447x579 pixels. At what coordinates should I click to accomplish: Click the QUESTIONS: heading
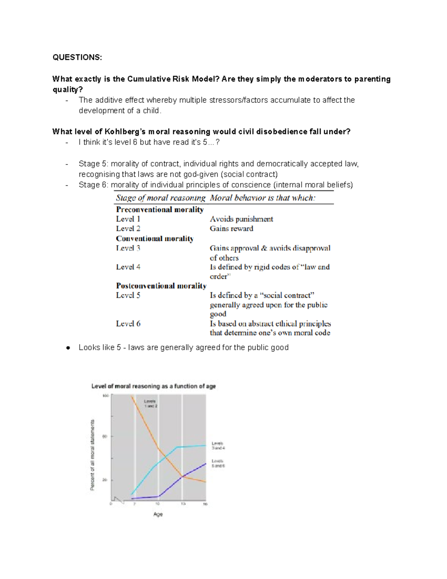(77, 57)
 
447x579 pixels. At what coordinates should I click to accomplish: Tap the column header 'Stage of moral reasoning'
(161, 198)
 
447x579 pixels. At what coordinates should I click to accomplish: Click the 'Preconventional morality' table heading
(160, 210)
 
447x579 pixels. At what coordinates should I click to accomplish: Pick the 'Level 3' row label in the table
(128, 248)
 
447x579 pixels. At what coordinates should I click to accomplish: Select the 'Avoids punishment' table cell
(241, 219)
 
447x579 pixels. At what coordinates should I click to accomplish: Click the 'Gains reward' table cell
(231, 229)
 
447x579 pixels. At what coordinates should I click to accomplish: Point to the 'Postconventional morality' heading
(161, 286)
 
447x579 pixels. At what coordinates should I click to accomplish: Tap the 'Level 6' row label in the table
(128, 324)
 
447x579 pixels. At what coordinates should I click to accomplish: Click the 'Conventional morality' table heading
(155, 239)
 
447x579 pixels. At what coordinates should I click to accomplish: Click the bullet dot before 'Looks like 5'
(68, 348)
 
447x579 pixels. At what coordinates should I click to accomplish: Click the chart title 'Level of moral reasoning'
(153, 386)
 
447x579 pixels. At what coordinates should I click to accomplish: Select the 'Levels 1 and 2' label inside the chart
(150, 403)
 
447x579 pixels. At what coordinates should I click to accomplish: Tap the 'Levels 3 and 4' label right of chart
(218, 446)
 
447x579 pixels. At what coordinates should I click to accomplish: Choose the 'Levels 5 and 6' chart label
(218, 463)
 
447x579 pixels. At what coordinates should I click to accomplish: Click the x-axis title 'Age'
(158, 515)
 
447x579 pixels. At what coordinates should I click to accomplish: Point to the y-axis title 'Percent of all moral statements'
(92, 455)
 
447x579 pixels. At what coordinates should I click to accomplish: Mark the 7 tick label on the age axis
(134, 504)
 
